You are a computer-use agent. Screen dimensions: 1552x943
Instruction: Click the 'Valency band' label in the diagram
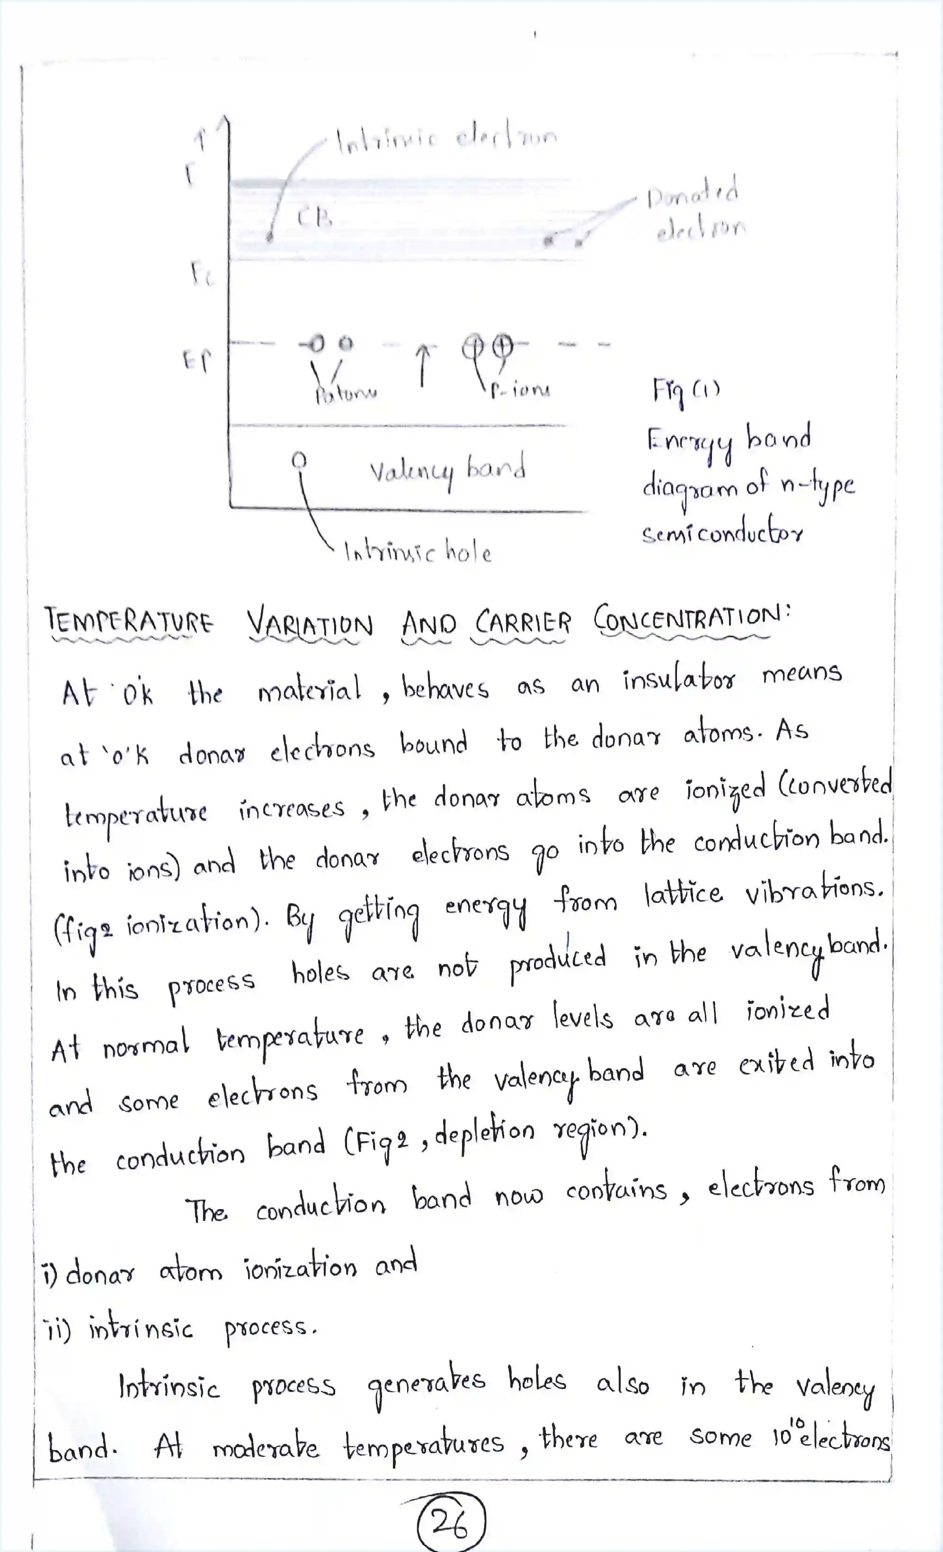[447, 470]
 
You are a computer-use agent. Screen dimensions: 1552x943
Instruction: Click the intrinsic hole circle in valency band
[300, 460]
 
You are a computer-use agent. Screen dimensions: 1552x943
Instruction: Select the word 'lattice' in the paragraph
[683, 894]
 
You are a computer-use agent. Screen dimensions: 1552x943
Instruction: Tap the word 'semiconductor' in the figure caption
[722, 534]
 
